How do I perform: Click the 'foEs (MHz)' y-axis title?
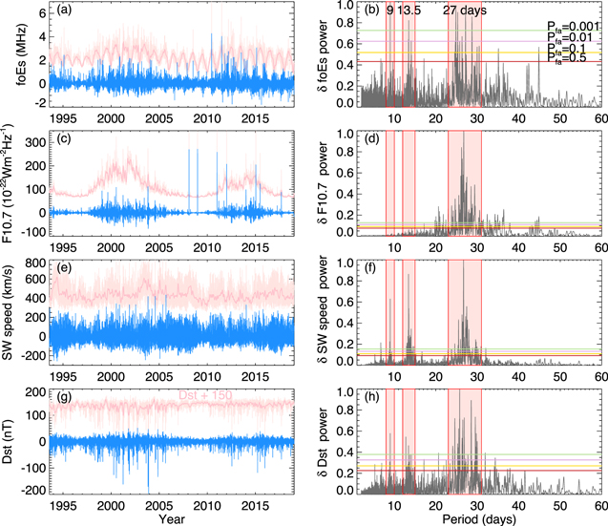click(x=11, y=55)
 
